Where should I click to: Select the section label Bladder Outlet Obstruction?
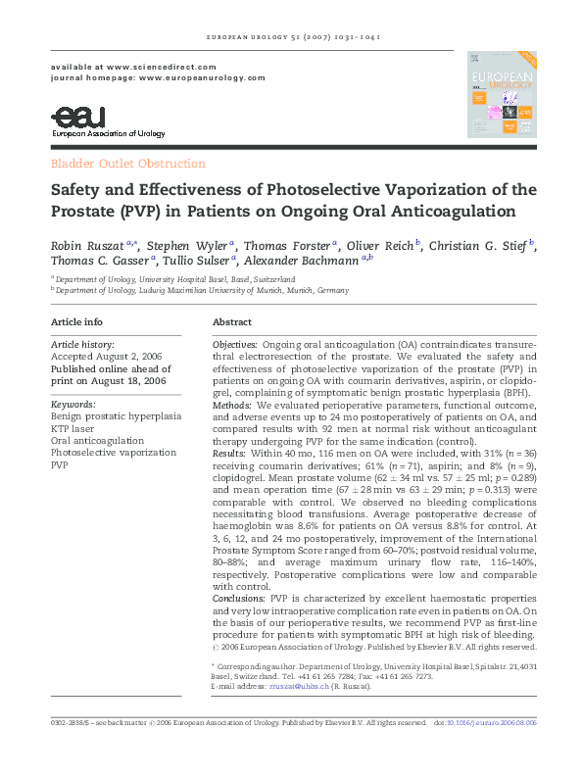127,165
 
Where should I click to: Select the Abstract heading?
232,322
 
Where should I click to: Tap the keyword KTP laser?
73,428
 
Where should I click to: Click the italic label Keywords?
73,404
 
